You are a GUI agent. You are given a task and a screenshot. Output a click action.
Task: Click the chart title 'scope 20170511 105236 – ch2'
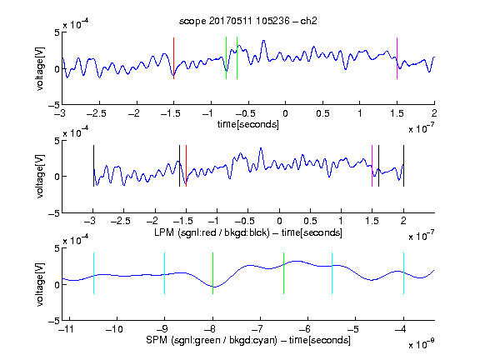click(248, 21)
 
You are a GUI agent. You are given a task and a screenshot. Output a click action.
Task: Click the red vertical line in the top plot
click(173, 58)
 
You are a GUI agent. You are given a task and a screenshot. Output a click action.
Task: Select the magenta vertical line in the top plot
click(397, 58)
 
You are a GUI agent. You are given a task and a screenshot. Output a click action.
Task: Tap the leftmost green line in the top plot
click(226, 57)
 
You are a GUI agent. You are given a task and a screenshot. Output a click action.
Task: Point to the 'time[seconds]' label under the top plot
click(248, 124)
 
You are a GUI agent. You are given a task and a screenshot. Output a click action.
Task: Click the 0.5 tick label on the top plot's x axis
click(322, 113)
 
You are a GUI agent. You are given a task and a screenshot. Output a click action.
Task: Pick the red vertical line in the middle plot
click(186, 166)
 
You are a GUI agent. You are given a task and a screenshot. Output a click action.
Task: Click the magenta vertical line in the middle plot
click(372, 166)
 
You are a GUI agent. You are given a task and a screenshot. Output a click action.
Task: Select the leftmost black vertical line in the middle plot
click(93, 166)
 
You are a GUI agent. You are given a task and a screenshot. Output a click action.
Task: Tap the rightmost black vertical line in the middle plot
click(403, 166)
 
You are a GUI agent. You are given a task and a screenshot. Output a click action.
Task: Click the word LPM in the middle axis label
click(164, 232)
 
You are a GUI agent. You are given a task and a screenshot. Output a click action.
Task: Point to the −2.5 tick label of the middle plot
click(121, 221)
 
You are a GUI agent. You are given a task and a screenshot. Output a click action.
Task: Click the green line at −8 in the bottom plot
click(212, 273)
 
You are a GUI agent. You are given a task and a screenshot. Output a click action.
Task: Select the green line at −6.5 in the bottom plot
click(284, 273)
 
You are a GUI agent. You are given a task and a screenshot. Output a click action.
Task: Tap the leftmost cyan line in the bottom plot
click(93, 273)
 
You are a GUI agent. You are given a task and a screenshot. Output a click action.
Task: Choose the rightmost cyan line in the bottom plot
click(403, 273)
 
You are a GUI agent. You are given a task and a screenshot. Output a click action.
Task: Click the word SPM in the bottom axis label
click(157, 340)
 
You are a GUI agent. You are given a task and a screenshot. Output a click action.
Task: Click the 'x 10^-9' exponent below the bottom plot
click(422, 344)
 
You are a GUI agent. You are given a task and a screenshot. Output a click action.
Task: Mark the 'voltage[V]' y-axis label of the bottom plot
click(40, 284)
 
